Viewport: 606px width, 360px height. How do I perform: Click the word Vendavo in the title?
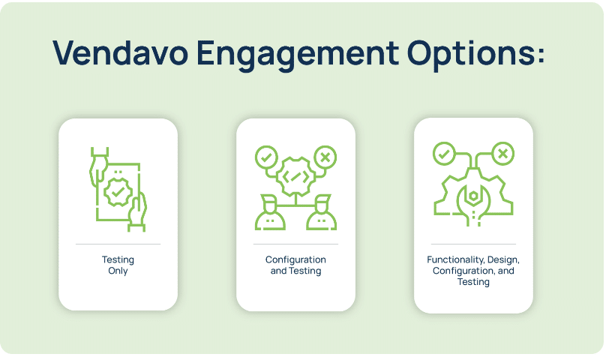(121, 52)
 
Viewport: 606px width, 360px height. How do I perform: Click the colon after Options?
(540, 55)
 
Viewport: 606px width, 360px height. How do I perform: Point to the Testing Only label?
(118, 265)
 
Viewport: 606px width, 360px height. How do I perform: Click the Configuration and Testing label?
(295, 265)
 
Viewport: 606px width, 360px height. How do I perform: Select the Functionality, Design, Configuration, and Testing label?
(473, 271)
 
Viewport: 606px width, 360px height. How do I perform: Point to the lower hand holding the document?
(137, 212)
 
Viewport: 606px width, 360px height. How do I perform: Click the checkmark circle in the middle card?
(266, 157)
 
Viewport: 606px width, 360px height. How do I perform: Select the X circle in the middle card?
(325, 157)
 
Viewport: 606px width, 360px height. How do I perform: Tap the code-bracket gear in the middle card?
(295, 177)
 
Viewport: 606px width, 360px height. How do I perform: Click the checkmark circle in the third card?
(444, 154)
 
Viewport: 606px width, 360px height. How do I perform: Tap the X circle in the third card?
(502, 154)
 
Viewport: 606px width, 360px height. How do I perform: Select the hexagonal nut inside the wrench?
(473, 196)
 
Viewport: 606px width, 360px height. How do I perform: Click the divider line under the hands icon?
(118, 244)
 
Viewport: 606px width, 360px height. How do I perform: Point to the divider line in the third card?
(473, 244)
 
